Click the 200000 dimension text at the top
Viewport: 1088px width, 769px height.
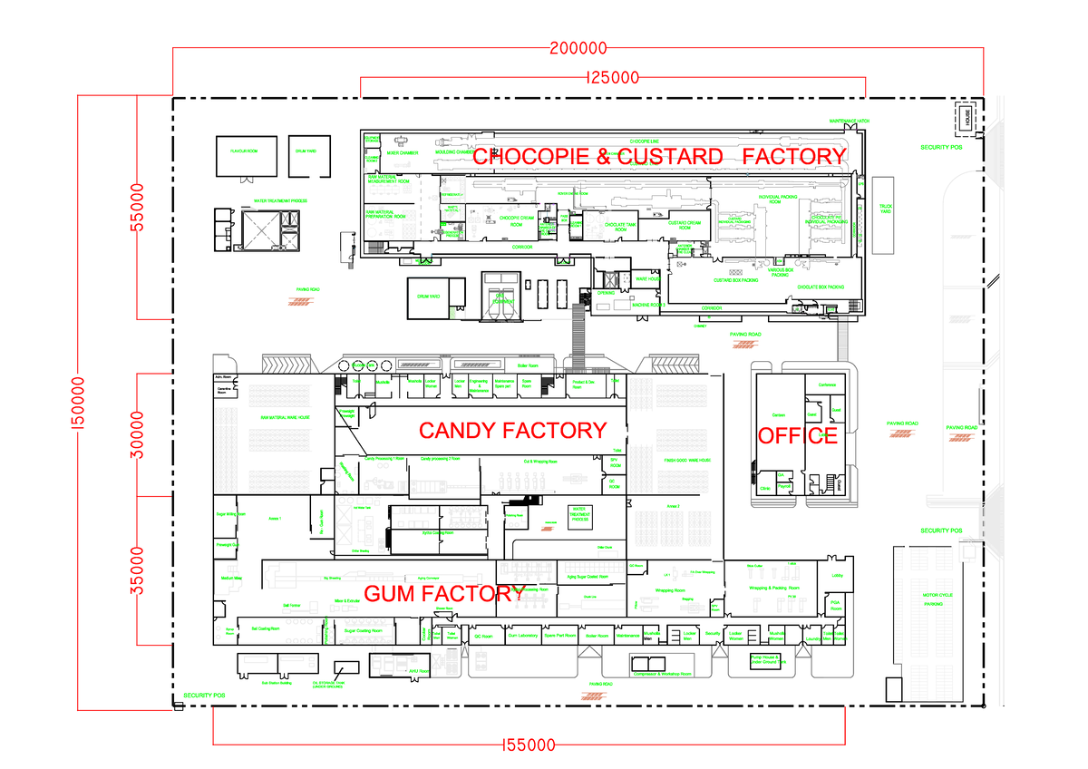click(x=577, y=49)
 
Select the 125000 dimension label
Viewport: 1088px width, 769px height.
click(x=614, y=78)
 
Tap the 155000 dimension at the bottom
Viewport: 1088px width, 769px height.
click(x=529, y=745)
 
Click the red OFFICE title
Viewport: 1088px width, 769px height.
click(x=797, y=435)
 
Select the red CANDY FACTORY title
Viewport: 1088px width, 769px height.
click(x=511, y=430)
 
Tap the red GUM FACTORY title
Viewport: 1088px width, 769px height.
click(x=439, y=594)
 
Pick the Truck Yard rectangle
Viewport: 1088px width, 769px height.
click(x=885, y=215)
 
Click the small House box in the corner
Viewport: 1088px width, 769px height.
click(x=967, y=117)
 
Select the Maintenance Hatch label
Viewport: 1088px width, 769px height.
click(x=850, y=121)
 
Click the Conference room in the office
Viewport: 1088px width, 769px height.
click(x=826, y=384)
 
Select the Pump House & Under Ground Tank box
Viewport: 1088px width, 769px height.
click(x=768, y=661)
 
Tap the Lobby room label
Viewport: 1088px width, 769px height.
click(x=835, y=574)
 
